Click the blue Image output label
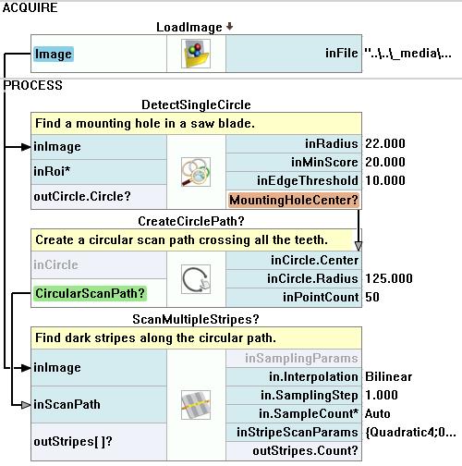pyautogui.click(x=54, y=54)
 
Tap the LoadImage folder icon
pyautogui.click(x=196, y=54)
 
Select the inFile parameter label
pyautogui.click(x=342, y=53)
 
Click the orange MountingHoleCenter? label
pyautogui.click(x=294, y=200)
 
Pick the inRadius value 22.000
pyautogui.click(x=385, y=143)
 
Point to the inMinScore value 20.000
pyautogui.click(x=385, y=162)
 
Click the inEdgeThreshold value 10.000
pyautogui.click(x=385, y=180)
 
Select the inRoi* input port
pyautogui.click(x=52, y=171)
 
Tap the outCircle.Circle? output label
pyautogui.click(x=82, y=196)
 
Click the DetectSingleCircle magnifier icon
pyautogui.click(x=196, y=172)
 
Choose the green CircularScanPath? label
pyautogui.click(x=90, y=293)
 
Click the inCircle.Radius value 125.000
pyautogui.click(x=389, y=278)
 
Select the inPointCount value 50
pyautogui.click(x=372, y=297)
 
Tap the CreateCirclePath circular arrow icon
pyautogui.click(x=196, y=279)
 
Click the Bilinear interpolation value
pyautogui.click(x=388, y=376)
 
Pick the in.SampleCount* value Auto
pyautogui.click(x=378, y=413)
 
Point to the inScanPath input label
pyautogui.click(x=67, y=404)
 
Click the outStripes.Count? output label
pyautogui.click(x=305, y=451)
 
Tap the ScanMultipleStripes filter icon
pyautogui.click(x=196, y=405)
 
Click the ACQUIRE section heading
pyautogui.click(x=30, y=7)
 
